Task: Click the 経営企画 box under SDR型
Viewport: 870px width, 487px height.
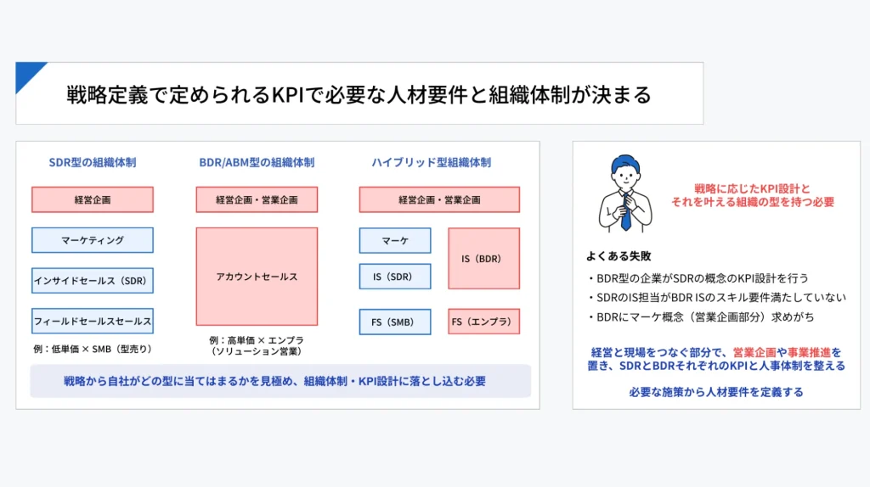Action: (x=92, y=199)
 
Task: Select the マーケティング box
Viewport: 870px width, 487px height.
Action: (x=92, y=240)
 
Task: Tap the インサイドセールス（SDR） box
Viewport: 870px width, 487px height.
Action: (x=92, y=280)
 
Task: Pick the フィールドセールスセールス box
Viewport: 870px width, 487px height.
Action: (x=92, y=321)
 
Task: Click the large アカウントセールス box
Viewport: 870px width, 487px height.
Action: (x=257, y=277)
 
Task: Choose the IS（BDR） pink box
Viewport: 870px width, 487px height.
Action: (x=483, y=258)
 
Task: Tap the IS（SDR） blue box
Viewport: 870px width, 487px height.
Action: (x=394, y=277)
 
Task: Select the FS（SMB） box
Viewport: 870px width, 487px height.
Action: (x=394, y=322)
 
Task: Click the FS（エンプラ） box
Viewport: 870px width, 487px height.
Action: (x=483, y=322)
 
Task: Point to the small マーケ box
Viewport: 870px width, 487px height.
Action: (x=394, y=240)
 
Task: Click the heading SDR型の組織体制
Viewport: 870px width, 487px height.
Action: (x=92, y=162)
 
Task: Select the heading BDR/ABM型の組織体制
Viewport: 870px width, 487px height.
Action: (x=257, y=162)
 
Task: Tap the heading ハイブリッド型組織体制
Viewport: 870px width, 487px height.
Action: (x=431, y=162)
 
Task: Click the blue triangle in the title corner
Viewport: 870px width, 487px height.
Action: (x=26, y=73)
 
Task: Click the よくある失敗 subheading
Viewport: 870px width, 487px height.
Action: (x=619, y=256)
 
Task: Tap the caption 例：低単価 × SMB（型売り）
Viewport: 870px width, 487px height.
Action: (x=92, y=349)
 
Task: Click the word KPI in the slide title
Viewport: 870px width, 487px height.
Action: (x=287, y=95)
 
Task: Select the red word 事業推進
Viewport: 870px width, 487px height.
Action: (x=809, y=352)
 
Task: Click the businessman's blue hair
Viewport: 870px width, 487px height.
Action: (x=625, y=162)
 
